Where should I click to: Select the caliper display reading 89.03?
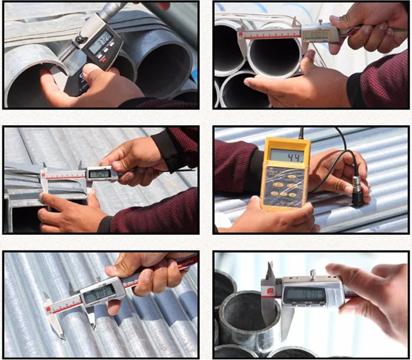pyautogui.click(x=315, y=34)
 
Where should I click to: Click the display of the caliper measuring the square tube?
pyautogui.click(x=99, y=174)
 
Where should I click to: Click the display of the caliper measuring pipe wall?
pyautogui.click(x=304, y=294)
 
